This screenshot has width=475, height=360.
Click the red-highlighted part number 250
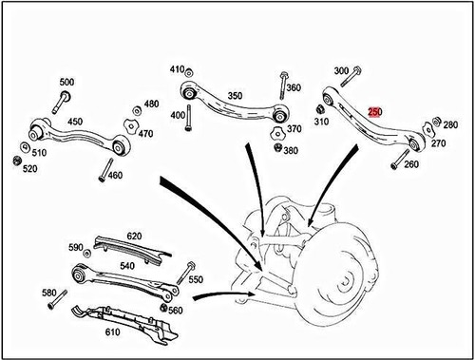click(x=374, y=111)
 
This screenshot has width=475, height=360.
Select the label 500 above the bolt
click(x=66, y=83)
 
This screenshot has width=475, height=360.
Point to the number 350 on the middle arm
click(x=235, y=96)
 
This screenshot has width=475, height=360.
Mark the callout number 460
click(x=115, y=176)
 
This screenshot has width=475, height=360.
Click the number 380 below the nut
click(x=289, y=151)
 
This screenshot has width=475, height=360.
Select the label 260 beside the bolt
click(x=411, y=163)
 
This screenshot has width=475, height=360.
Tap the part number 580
click(x=49, y=294)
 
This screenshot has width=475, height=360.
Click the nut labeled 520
click(x=19, y=159)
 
